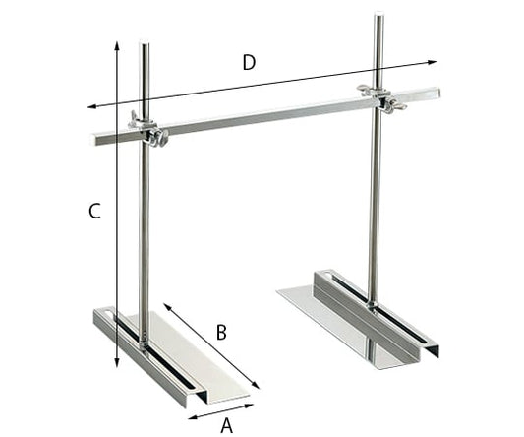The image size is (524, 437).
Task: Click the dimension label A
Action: [x=226, y=425]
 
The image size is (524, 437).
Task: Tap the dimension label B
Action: [x=221, y=333]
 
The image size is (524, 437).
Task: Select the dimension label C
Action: [x=94, y=211]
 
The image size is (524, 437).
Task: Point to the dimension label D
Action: [x=249, y=62]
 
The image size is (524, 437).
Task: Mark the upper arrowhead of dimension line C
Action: [x=117, y=44]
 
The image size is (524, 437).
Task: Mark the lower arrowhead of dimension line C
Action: [x=117, y=366]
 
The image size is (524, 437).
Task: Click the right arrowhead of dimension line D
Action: [x=437, y=63]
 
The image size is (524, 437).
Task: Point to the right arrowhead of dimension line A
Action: [x=252, y=404]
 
